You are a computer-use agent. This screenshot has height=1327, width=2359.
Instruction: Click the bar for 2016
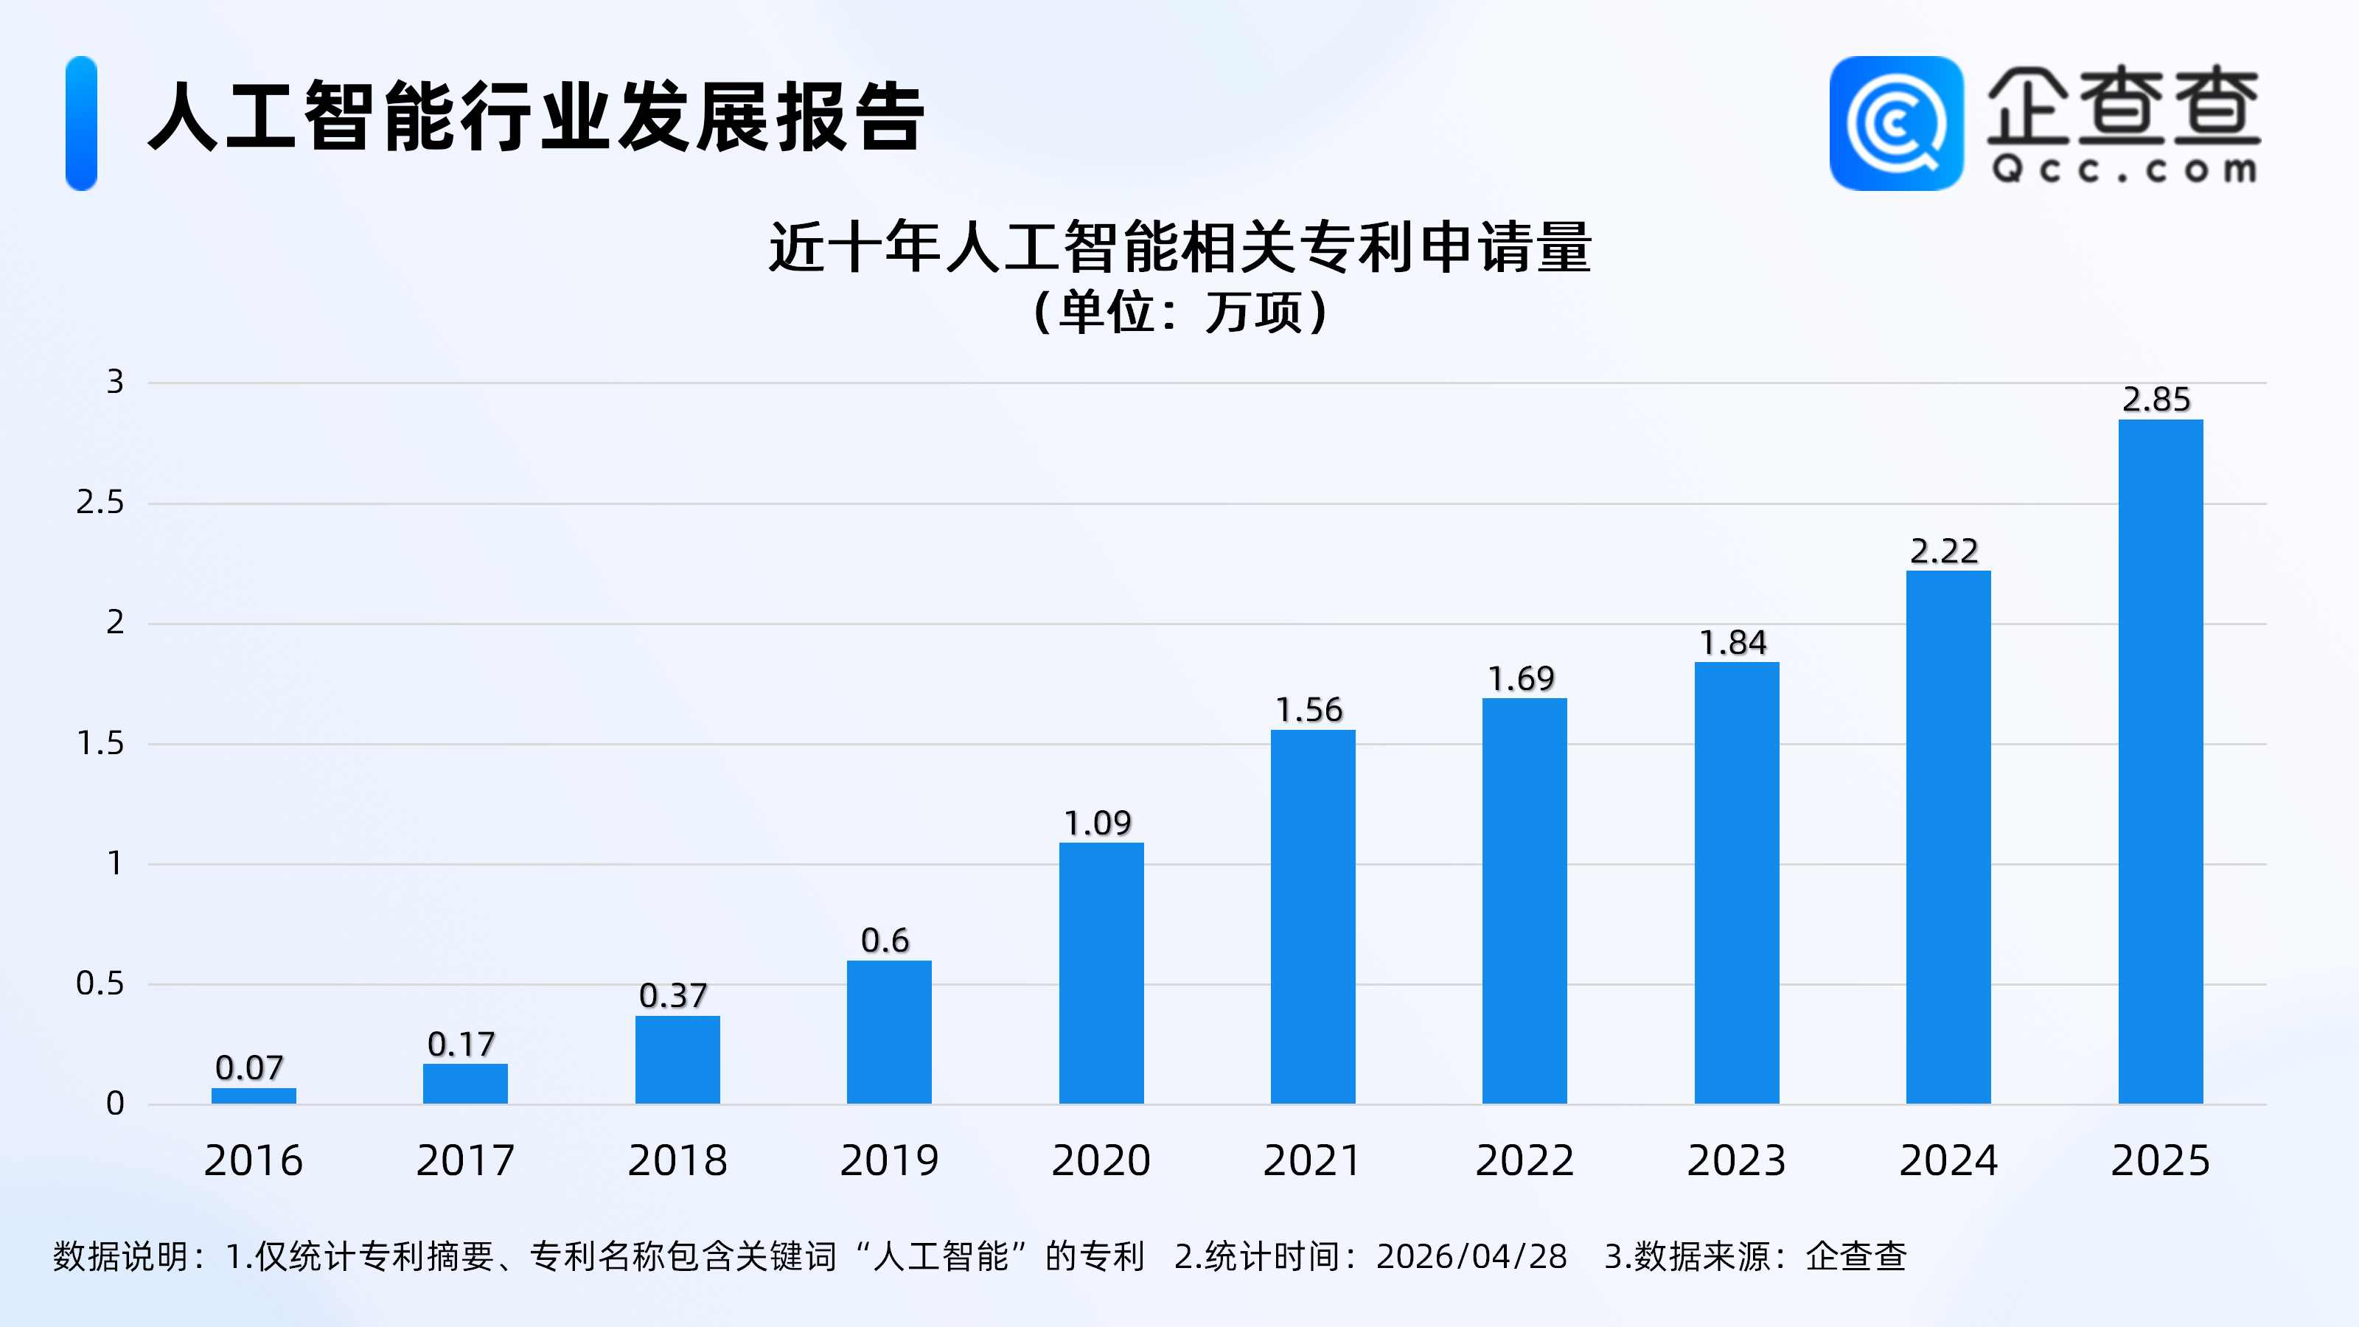coord(254,1096)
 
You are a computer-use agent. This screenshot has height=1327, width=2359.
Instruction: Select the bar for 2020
coord(1101,972)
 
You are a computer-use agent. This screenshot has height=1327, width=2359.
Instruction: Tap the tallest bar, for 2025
coord(2160,761)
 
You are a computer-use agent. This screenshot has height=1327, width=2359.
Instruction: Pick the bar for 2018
coord(677,1059)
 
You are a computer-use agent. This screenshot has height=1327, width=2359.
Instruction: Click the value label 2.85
coord(2156,400)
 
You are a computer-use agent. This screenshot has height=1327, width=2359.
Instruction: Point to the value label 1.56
coord(1309,710)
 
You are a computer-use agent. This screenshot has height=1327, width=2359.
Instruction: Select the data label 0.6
coord(885,941)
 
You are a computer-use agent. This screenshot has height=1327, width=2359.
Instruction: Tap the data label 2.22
coord(1944,551)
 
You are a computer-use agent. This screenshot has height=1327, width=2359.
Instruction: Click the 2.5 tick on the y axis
coord(100,502)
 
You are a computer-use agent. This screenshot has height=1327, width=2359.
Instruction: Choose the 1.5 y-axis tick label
coord(100,742)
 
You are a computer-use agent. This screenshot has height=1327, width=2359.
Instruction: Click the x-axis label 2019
coord(889,1160)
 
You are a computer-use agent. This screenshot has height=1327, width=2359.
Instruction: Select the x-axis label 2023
coord(1736,1160)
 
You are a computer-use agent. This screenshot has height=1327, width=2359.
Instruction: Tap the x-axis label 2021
coord(1312,1160)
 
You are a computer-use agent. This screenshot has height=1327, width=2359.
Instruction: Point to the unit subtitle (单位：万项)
coord(1179,313)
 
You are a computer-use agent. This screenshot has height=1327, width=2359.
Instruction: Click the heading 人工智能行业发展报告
coord(536,117)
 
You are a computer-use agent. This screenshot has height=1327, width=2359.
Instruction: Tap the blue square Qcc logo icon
coord(1895,124)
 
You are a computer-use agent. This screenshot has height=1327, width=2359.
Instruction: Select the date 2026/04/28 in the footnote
coord(1471,1256)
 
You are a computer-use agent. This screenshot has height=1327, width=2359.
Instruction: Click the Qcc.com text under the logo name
coord(2124,170)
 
